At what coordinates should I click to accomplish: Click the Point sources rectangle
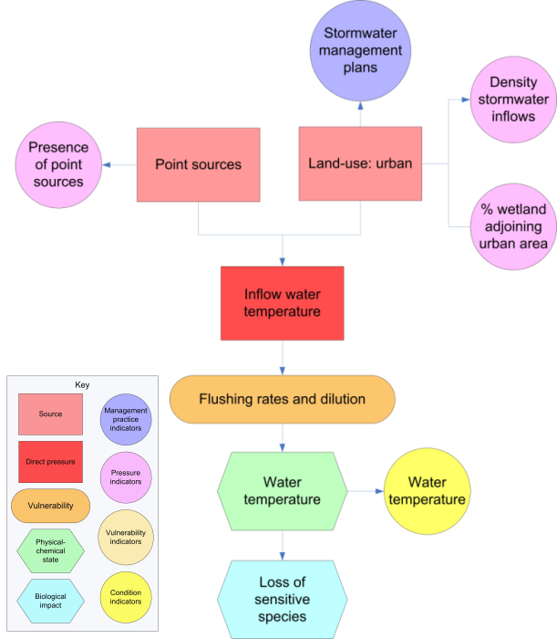(x=198, y=164)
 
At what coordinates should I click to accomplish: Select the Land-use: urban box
(x=360, y=164)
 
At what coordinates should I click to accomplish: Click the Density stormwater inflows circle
(x=511, y=100)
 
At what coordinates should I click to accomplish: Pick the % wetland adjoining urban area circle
(x=511, y=226)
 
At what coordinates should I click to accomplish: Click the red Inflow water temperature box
(x=282, y=302)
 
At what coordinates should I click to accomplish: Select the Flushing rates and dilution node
(x=282, y=400)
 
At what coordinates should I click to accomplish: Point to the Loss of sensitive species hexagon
(x=282, y=600)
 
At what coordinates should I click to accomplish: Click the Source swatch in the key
(x=50, y=414)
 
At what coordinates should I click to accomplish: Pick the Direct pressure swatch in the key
(x=50, y=462)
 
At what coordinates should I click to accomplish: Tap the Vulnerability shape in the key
(x=50, y=505)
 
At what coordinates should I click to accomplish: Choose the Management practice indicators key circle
(x=126, y=418)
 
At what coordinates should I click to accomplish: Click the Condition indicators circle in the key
(x=126, y=598)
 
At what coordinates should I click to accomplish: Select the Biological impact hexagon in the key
(x=50, y=598)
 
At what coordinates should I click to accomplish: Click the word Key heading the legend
(x=82, y=384)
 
